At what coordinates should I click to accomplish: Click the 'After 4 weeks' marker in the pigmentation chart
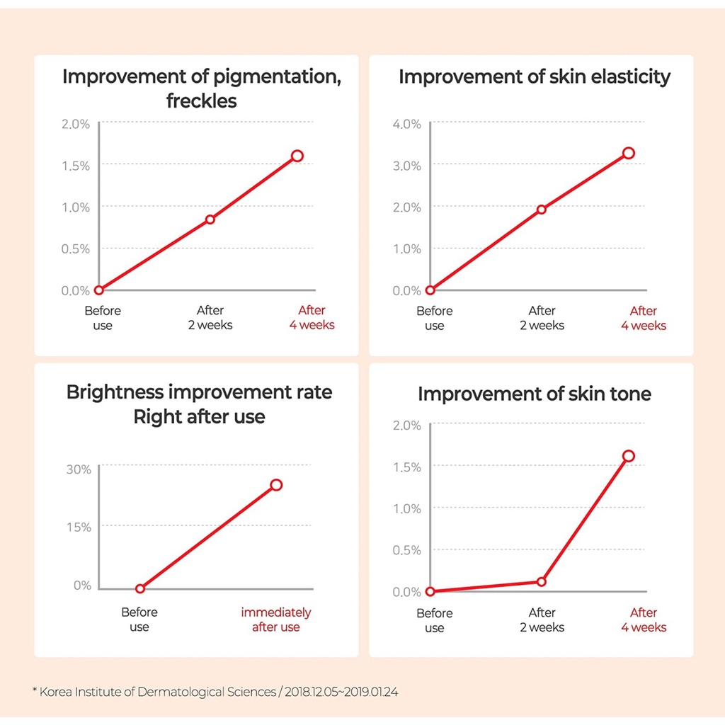(x=297, y=156)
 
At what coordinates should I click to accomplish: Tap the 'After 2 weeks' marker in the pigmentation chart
(x=210, y=219)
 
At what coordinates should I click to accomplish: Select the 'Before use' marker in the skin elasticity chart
(x=430, y=290)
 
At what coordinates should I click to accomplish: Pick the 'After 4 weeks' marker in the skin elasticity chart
(x=628, y=153)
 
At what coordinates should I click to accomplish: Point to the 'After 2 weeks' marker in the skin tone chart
(x=542, y=582)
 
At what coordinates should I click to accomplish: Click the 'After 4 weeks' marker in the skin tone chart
(x=628, y=456)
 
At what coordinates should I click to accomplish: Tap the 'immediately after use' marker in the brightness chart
(x=276, y=485)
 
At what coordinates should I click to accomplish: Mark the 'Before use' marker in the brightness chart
(x=140, y=588)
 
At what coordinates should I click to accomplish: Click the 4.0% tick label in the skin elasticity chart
(x=406, y=124)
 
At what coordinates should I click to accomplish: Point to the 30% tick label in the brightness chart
(x=79, y=469)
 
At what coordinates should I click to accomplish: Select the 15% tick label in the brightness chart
(x=79, y=527)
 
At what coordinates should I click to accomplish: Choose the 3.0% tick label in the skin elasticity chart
(x=406, y=166)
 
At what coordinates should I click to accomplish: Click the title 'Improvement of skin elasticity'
(x=534, y=76)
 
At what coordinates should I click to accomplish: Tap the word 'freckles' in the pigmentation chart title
(x=202, y=101)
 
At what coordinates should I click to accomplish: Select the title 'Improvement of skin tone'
(x=534, y=394)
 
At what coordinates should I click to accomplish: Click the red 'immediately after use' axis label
(x=276, y=620)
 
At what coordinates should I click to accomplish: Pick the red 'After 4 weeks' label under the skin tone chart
(x=644, y=620)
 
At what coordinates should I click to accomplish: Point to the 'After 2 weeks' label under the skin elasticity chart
(x=542, y=318)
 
